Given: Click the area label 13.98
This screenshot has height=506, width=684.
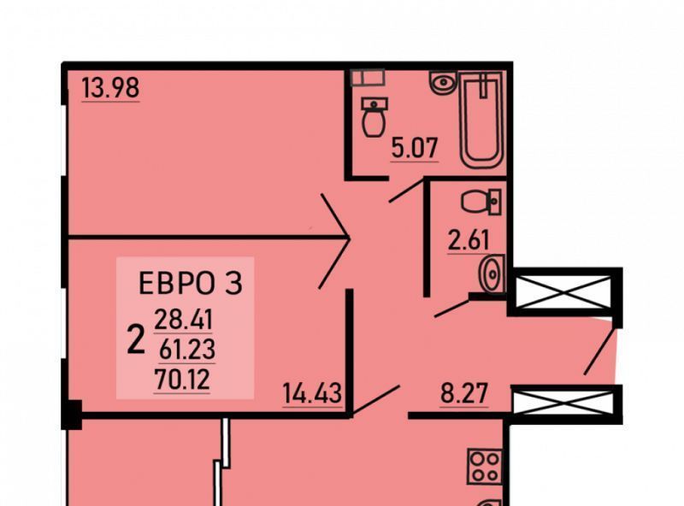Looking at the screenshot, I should click(110, 87).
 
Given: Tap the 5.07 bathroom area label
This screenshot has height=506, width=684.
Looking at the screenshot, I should click(414, 148).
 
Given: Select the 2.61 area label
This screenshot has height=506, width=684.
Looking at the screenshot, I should click(468, 240).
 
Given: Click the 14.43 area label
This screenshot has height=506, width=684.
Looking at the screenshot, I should click(312, 394).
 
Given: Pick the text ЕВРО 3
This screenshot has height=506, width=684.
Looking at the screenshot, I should click(191, 283).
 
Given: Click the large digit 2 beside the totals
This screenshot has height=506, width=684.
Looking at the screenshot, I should click(135, 340).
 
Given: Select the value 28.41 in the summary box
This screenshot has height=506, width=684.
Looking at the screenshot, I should click(184, 321).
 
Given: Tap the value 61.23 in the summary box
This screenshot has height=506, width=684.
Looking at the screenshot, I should click(184, 349).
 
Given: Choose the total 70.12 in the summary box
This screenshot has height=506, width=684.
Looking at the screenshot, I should click(184, 377).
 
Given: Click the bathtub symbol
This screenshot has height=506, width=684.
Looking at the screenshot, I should click(481, 120).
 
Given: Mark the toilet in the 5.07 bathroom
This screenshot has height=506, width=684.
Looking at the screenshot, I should click(374, 118).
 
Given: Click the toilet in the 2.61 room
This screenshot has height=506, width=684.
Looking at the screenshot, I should click(480, 202).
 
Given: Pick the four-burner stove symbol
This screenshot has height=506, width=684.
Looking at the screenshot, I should click(485, 466).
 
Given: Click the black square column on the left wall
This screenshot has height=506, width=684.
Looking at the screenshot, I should click(71, 416).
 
